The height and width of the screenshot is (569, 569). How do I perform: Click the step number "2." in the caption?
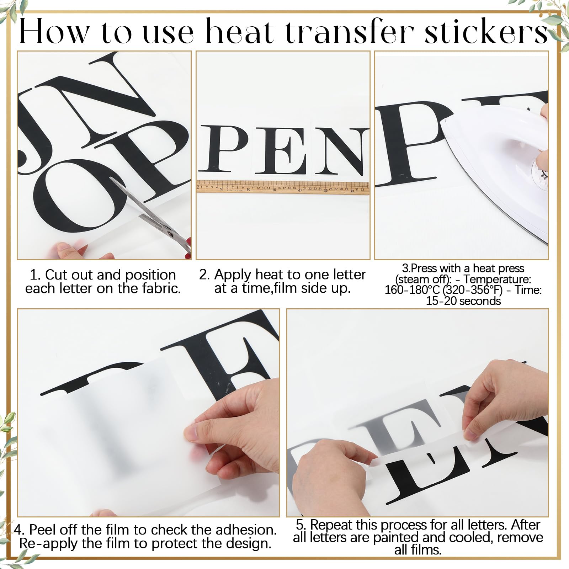tap(204, 275)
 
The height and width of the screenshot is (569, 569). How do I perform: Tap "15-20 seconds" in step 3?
tap(463, 301)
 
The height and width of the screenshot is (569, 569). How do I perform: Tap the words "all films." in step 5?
tap(418, 550)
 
